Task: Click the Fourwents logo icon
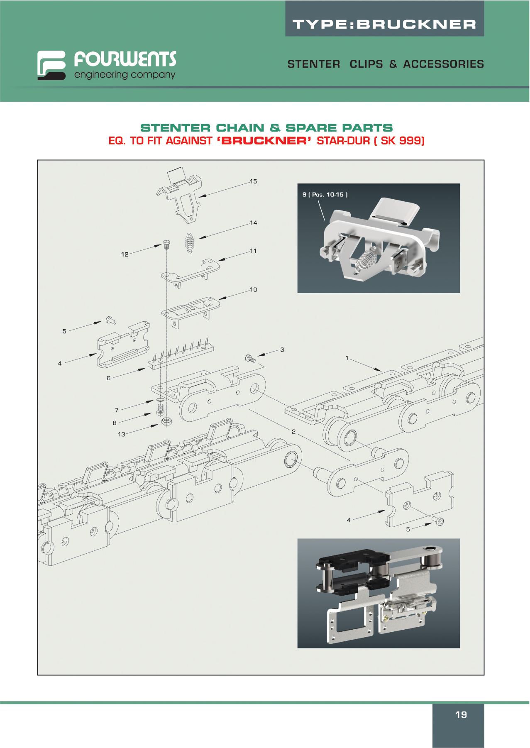51,65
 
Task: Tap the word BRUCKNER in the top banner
416,24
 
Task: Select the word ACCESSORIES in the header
443,64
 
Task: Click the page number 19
461,715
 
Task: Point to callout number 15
253,181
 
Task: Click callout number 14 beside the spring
253,223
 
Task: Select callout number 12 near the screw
125,254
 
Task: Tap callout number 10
253,290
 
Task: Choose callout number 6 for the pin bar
109,378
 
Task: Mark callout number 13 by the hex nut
121,434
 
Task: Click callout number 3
282,350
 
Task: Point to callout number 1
347,358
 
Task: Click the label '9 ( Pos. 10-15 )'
325,195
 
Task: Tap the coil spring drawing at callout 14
190,242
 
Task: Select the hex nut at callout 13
167,422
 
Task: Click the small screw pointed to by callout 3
250,358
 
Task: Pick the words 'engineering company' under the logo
125,75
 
